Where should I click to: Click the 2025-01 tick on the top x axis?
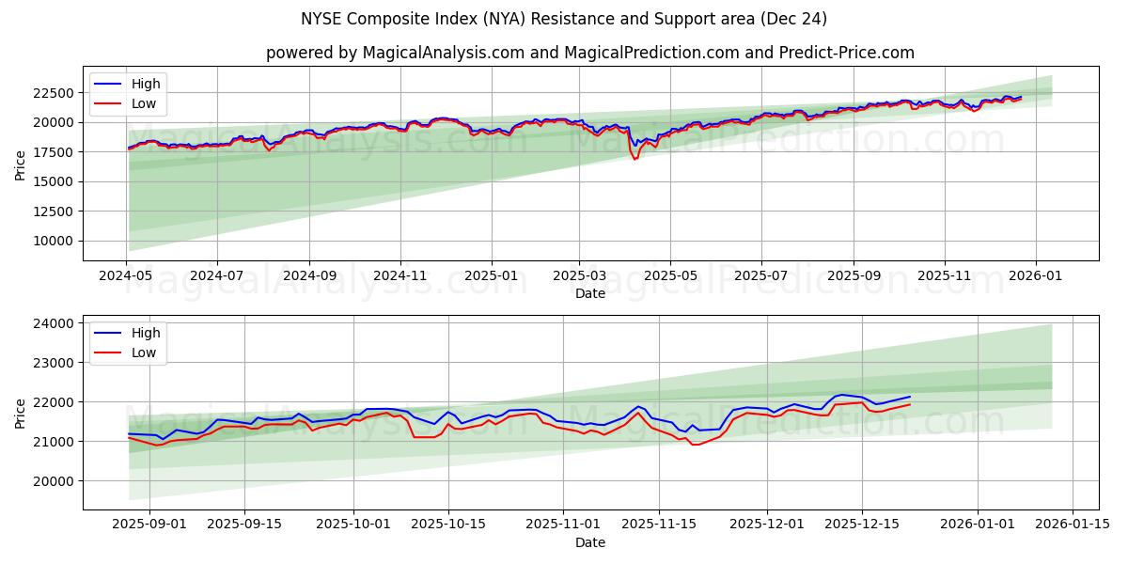tap(491, 276)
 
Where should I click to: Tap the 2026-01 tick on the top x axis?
tap(1036, 276)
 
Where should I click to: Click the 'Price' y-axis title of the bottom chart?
tap(21, 412)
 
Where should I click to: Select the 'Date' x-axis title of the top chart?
tap(589, 293)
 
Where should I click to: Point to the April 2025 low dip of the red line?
tap(634, 159)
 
